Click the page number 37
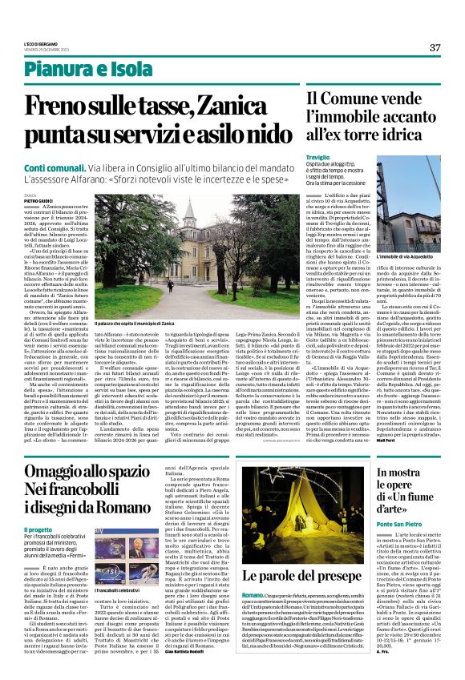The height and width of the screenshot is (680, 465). click(x=435, y=47)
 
